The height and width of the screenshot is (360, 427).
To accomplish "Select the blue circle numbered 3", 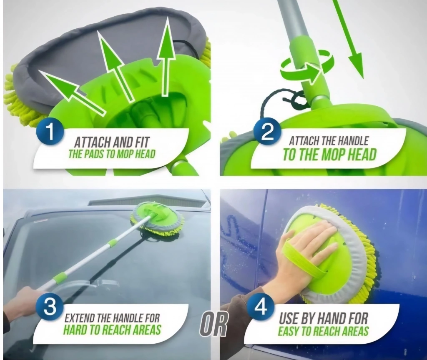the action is [x=50, y=307].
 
